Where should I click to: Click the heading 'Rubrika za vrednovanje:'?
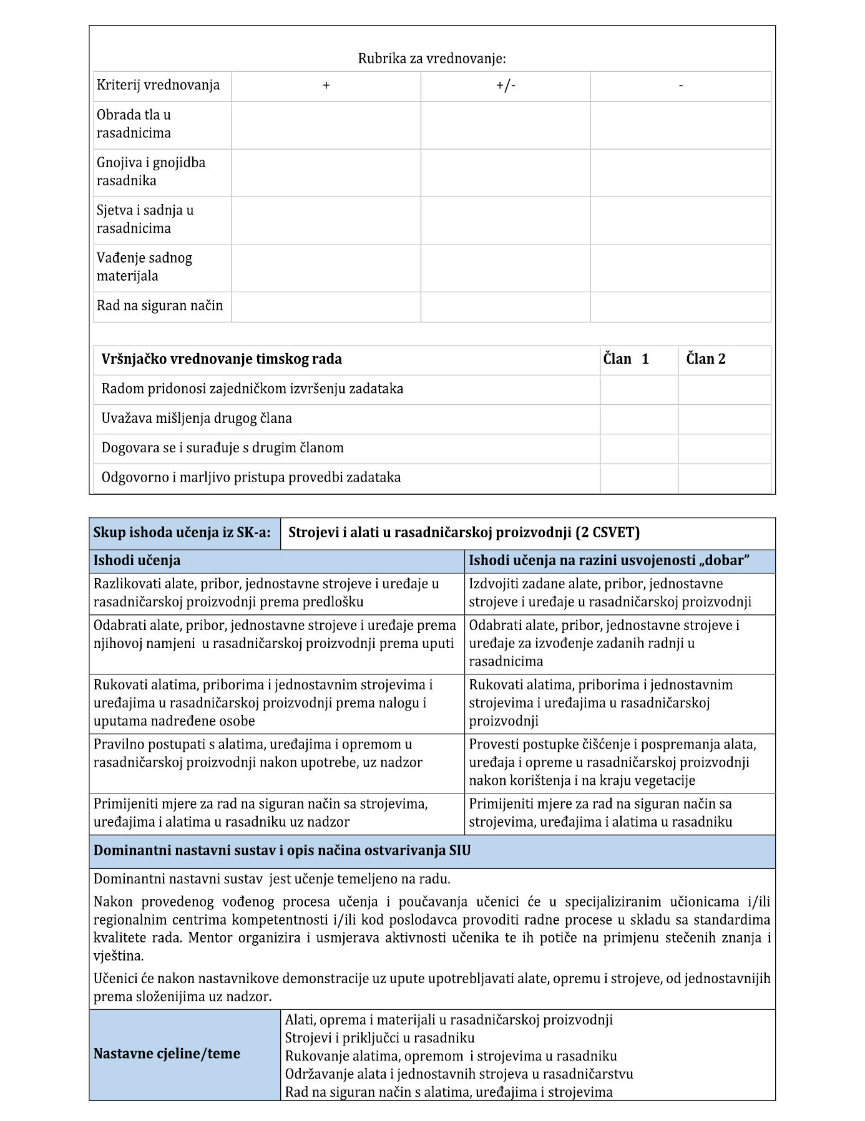point(432,59)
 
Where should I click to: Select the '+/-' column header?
point(506,85)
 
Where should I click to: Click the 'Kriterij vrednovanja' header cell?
point(158,85)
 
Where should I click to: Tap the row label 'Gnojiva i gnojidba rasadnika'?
point(151,172)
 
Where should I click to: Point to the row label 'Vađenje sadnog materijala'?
point(145,267)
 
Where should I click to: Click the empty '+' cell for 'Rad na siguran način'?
point(326,306)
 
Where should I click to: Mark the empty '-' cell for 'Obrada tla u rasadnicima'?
point(680,125)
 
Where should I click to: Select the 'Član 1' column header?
point(626,359)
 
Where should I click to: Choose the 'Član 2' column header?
point(706,359)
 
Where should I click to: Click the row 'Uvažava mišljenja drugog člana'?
point(197,419)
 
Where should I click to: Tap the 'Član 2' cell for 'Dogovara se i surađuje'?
point(724,449)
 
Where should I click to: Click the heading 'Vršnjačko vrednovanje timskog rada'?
point(222,359)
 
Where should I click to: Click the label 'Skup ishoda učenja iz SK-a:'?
point(182,533)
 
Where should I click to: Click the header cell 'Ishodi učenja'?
point(137,561)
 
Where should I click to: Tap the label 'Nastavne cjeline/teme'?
point(167,1054)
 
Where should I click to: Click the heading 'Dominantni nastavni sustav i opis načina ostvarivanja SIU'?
point(282,851)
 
